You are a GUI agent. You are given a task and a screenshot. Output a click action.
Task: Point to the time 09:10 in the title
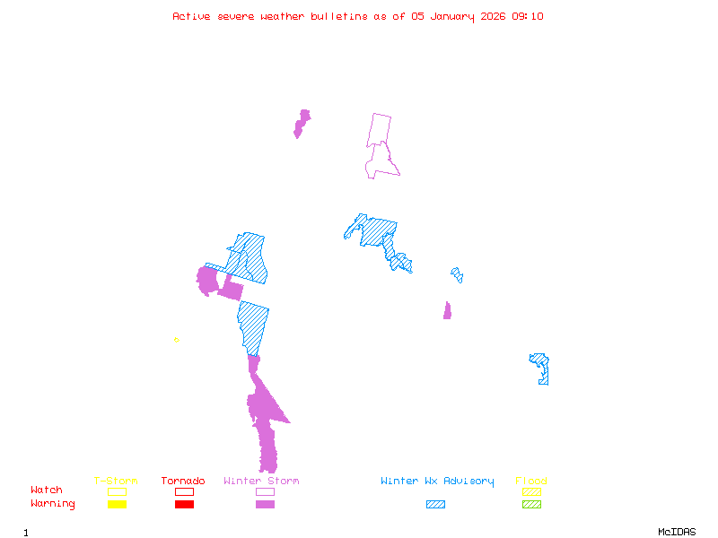(528, 16)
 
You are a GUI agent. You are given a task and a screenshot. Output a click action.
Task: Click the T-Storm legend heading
(116, 482)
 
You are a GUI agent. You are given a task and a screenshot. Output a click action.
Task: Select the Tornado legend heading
(183, 482)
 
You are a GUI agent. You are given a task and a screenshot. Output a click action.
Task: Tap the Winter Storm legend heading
(261, 482)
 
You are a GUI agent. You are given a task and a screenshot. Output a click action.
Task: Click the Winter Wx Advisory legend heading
(437, 482)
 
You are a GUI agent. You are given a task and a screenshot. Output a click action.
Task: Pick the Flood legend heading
(531, 482)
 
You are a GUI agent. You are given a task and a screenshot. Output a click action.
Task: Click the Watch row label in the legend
(47, 490)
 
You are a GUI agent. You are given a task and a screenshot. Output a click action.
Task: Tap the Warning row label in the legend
(53, 504)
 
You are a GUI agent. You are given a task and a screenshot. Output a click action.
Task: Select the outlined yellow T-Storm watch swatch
(117, 491)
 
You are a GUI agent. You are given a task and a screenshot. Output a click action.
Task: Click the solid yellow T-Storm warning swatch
(117, 504)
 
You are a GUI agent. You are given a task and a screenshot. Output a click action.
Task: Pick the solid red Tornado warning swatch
(184, 504)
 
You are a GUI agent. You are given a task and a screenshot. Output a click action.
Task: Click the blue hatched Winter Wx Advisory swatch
(435, 504)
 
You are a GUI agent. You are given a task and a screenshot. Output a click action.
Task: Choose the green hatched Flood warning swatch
(531, 504)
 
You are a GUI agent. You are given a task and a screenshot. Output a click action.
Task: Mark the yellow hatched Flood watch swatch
(531, 491)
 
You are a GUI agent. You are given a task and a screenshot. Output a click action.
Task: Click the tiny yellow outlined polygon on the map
(177, 340)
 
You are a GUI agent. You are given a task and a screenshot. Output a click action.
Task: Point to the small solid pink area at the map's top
(302, 121)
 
